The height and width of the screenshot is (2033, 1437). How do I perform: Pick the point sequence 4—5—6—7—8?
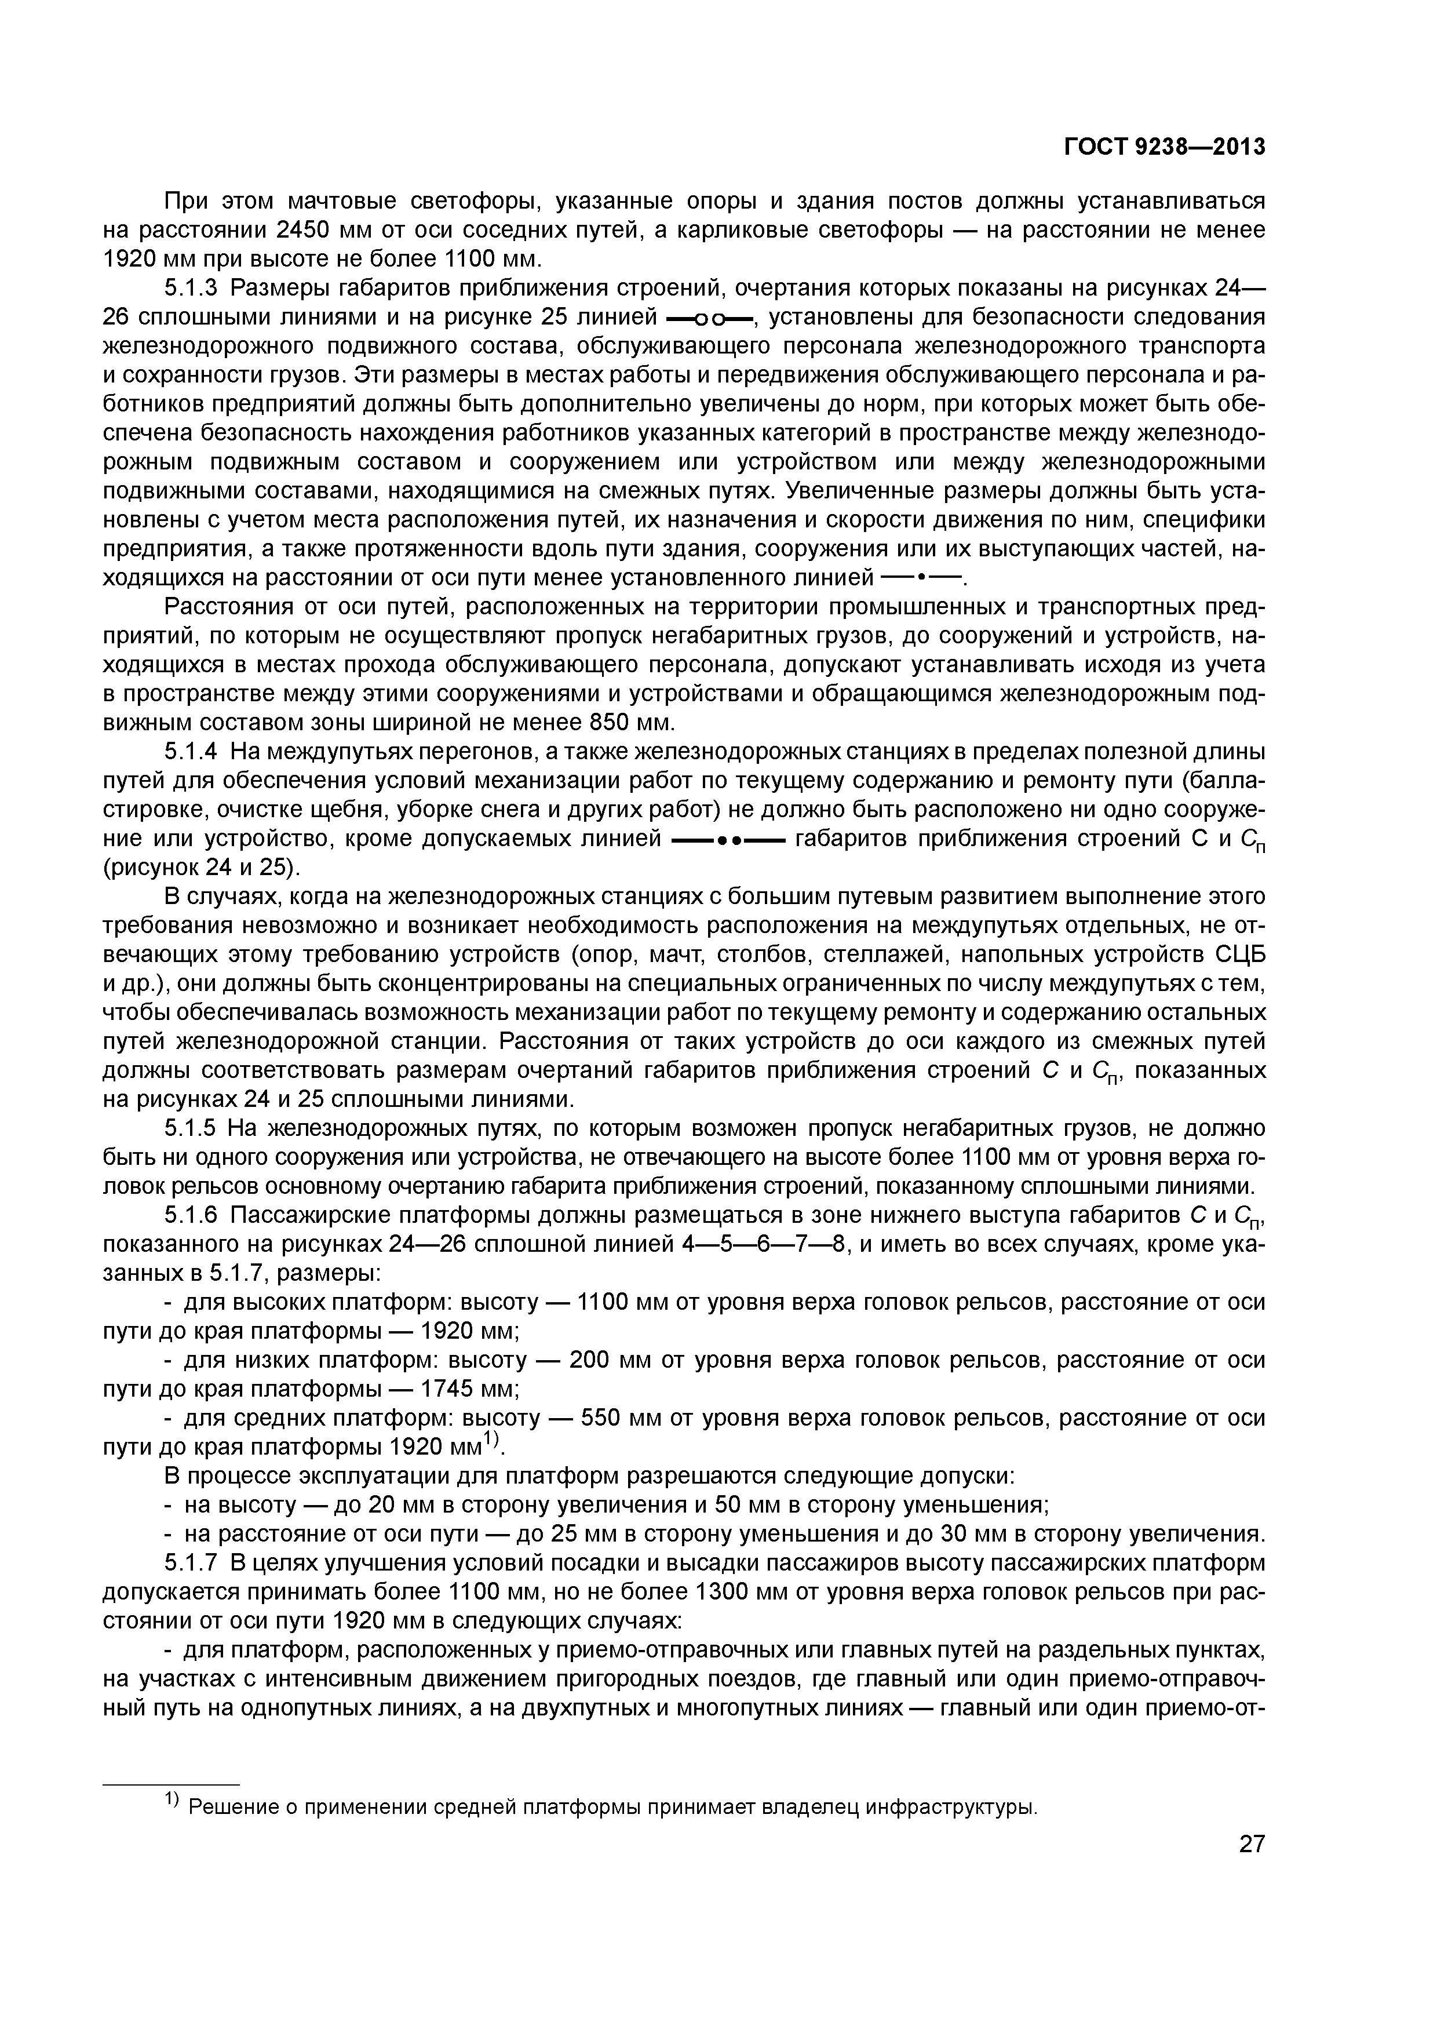(x=767, y=1245)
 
